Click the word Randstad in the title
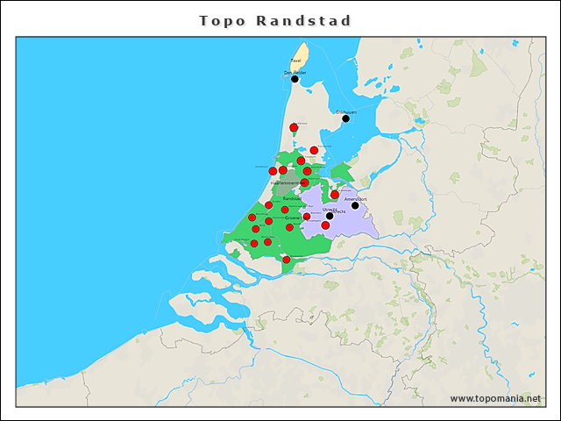304,20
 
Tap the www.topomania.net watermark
495,398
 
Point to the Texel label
295,61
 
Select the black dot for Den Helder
295,79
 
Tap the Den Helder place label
295,72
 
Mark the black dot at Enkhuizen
345,118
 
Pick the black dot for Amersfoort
355,206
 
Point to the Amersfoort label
355,199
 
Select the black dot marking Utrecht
330,216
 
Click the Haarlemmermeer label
286,182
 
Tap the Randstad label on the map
293,199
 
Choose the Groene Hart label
295,217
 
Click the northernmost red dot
294,127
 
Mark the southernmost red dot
286,260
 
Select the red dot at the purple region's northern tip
335,195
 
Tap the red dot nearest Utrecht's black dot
325,225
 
